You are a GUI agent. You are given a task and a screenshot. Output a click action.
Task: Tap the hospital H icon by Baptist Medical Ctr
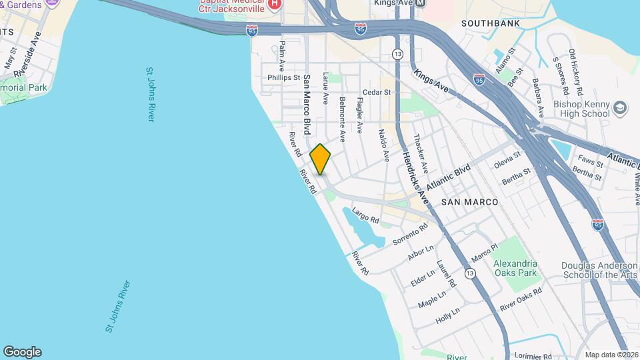(274, 5)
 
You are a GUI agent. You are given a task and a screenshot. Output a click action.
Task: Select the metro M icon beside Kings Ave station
(420, 3)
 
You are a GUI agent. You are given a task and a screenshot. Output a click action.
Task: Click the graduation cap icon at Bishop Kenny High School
(621, 107)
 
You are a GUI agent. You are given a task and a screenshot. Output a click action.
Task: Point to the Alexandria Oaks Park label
(515, 268)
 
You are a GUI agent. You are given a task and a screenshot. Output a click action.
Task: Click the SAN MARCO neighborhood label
(471, 201)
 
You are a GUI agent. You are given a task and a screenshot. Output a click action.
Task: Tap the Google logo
(22, 351)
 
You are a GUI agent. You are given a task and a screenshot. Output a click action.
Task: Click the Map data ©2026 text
(611, 355)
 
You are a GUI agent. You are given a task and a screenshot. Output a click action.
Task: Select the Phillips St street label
(284, 78)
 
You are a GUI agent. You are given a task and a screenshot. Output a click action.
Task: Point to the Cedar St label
(375, 93)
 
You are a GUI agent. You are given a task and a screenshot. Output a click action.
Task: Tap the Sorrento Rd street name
(410, 235)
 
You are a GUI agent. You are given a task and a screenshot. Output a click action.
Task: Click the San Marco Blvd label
(307, 103)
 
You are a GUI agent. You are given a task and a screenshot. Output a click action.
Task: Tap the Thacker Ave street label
(421, 151)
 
